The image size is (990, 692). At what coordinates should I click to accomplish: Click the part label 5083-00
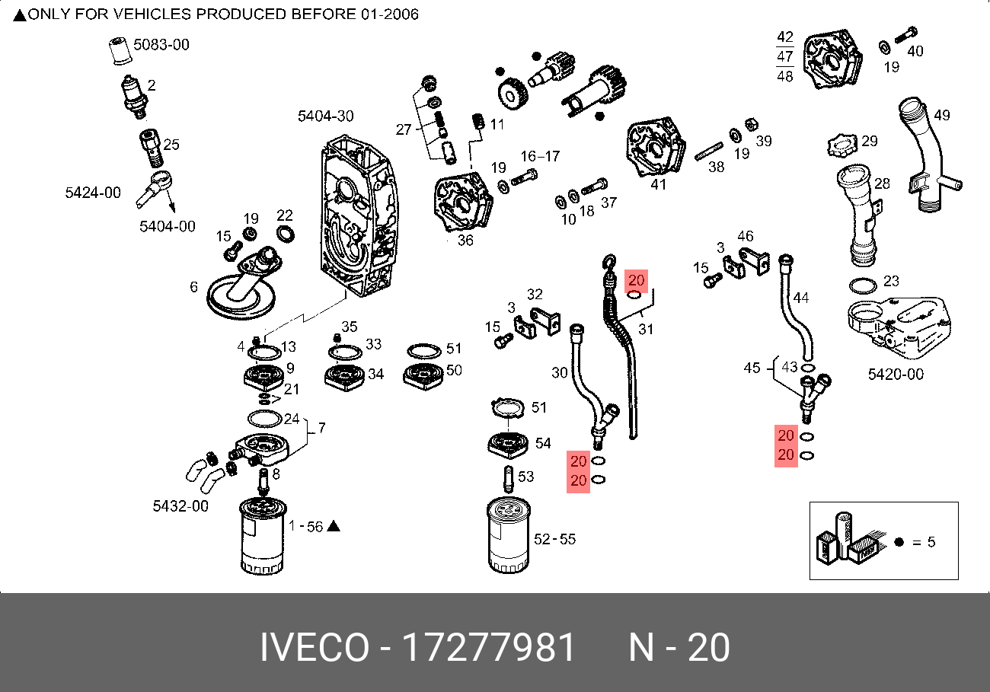[x=161, y=45]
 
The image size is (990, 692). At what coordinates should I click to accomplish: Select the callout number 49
[x=941, y=116]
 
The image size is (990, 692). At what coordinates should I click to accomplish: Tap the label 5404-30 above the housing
[x=325, y=116]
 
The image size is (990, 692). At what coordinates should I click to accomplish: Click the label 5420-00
[x=896, y=375]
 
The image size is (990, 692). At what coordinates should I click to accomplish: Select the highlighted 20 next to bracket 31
[x=637, y=281]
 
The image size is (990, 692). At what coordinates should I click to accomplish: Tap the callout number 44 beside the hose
[x=800, y=298]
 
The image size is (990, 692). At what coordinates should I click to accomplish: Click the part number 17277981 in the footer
[x=488, y=649]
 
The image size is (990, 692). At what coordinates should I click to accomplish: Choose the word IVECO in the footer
[x=313, y=649]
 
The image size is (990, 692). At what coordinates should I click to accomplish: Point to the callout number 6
[x=194, y=287]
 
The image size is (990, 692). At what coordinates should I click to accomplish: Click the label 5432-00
[x=180, y=505]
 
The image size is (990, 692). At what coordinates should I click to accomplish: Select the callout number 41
[x=658, y=184]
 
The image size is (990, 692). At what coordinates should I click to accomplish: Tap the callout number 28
[x=882, y=183]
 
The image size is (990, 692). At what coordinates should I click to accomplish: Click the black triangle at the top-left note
[x=19, y=15]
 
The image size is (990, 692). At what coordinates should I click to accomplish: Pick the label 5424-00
[x=92, y=193]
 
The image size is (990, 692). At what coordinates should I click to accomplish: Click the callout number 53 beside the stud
[x=525, y=477]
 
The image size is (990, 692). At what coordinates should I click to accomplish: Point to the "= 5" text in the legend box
[x=923, y=542]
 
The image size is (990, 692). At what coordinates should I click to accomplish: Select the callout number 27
[x=403, y=129]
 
